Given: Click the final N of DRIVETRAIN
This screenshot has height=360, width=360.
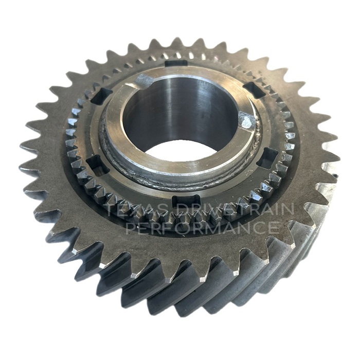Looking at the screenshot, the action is [288, 209].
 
